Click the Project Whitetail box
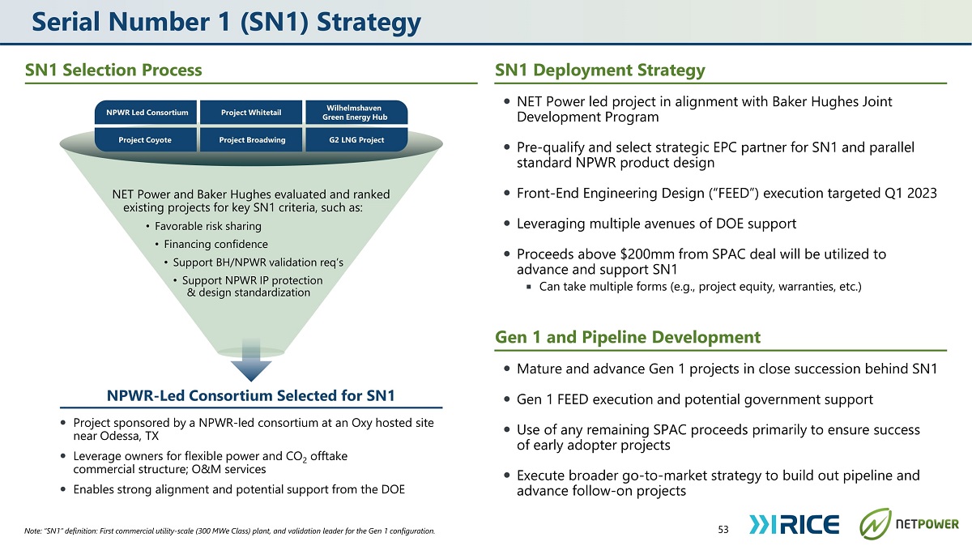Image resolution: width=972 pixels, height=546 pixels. tap(251, 113)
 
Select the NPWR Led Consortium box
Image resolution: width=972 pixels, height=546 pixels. tap(146, 113)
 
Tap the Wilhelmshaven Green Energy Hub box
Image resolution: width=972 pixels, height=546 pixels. tap(356, 113)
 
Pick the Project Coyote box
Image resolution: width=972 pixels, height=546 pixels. tap(146, 140)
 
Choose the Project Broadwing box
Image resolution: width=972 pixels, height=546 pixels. tap(251, 140)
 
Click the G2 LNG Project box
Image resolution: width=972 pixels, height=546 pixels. tap(356, 140)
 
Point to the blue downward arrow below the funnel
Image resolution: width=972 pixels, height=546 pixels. tap(251, 361)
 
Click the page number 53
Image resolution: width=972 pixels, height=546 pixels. tap(723, 530)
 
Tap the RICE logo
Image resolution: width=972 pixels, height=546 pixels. tap(794, 525)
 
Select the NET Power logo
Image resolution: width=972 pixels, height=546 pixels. tap(909, 524)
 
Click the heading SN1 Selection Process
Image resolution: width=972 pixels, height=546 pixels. tap(113, 70)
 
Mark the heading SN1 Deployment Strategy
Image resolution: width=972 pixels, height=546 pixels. tap(600, 70)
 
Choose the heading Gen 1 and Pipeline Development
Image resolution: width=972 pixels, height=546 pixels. tap(628, 337)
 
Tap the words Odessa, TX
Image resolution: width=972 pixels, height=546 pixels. tap(130, 436)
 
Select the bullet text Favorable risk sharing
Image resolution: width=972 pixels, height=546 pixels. tap(208, 226)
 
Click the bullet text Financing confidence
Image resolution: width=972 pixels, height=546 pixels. tap(215, 245)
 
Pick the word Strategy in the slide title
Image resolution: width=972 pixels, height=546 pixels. tap(369, 23)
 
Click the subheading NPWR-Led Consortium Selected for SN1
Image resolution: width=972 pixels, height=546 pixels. tap(251, 396)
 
